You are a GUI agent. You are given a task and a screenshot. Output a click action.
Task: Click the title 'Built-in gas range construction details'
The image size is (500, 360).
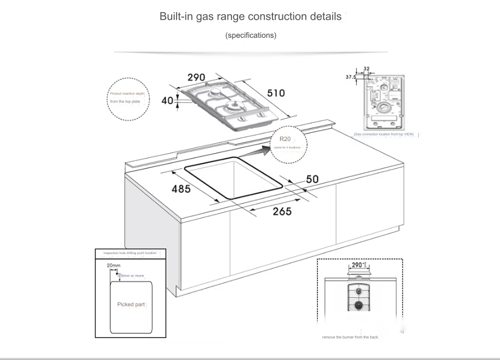[x=250, y=16]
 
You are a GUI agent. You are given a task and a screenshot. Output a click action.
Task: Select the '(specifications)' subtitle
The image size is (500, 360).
[x=251, y=35]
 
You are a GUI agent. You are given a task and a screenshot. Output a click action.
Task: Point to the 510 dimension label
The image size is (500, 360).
[x=276, y=93]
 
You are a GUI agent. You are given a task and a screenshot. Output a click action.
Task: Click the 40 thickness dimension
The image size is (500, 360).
[x=167, y=101]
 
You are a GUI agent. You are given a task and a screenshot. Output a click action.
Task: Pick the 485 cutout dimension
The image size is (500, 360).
[x=181, y=189]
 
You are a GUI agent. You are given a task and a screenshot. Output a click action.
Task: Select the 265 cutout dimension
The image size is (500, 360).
[x=282, y=212]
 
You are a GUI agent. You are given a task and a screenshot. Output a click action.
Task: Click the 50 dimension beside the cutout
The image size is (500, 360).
[x=312, y=179]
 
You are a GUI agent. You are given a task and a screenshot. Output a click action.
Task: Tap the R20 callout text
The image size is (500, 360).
[x=285, y=139]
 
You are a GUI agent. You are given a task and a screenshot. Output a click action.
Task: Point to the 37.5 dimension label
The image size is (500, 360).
[x=350, y=77]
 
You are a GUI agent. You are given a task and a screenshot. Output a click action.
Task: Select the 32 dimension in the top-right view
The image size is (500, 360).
[x=366, y=69]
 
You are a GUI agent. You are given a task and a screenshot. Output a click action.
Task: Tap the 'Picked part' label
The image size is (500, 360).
[x=131, y=304]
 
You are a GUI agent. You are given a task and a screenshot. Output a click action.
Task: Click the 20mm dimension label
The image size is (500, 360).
[x=113, y=266]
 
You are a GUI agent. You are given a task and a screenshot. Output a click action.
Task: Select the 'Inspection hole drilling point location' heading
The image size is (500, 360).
[x=130, y=253]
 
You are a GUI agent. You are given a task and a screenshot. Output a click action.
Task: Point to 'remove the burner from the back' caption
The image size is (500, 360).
[x=350, y=337]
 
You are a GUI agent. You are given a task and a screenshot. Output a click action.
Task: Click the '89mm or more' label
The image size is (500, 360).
[x=132, y=275]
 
